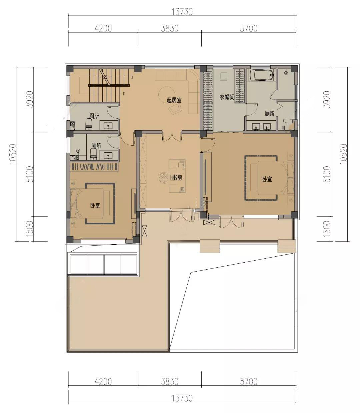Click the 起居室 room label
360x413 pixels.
coord(174,100)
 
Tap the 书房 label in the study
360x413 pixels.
coord(177,178)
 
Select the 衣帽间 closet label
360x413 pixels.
coord(227,97)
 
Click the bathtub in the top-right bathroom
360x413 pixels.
coord(262,75)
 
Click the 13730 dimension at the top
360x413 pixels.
coord(182,12)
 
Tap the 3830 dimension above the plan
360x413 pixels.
coord(170,28)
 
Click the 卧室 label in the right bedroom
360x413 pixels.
coord(267,179)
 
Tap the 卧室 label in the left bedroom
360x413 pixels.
coord(95,205)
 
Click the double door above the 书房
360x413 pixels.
coord(172,137)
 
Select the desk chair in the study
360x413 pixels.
coord(163,178)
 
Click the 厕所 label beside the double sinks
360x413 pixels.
coord(270,114)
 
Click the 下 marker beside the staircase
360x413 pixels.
coord(124,94)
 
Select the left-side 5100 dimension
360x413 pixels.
coord(29,174)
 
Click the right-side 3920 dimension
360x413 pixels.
coord(327,99)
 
